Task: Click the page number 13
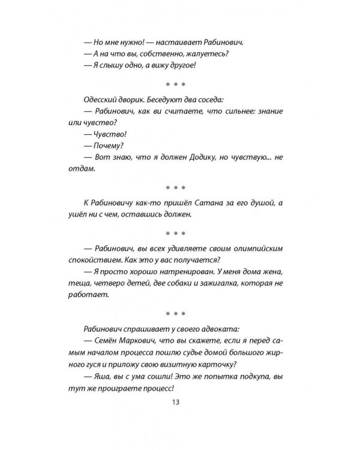coord(176,403)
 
